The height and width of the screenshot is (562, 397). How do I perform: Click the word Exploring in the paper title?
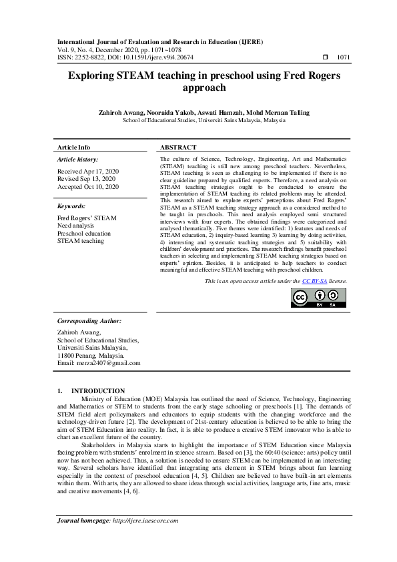(95, 76)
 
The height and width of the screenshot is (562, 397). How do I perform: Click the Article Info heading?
(73, 147)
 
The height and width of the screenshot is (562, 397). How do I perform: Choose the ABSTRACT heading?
(178, 147)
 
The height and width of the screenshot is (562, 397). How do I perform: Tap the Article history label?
(77, 160)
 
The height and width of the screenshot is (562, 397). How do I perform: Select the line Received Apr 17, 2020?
(87, 172)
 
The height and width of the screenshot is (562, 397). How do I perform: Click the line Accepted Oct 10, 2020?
(88, 187)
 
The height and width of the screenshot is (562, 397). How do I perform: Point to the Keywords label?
(71, 207)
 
